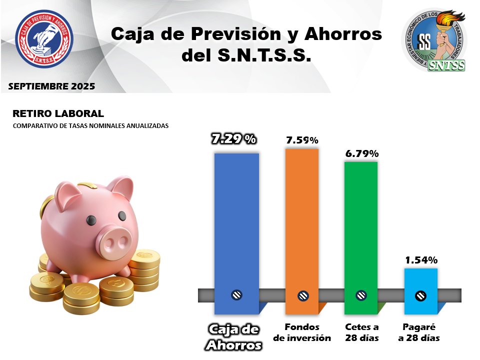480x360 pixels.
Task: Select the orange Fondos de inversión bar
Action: coord(301,220)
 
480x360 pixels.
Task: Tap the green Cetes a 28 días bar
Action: coord(360,225)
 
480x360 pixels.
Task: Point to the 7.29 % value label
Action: coord(234,139)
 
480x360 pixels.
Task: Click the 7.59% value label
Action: coord(302,140)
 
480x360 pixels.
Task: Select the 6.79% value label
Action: coord(361,153)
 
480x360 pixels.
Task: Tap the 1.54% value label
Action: coord(421,260)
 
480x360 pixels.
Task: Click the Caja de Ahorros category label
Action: coord(234,337)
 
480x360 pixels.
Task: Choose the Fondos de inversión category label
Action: coord(302,332)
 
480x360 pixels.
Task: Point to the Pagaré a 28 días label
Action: coord(419,332)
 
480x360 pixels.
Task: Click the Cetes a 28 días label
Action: coord(362,332)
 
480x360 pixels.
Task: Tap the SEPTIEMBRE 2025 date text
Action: coord(51,86)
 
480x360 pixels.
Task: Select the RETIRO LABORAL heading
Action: coord(58,114)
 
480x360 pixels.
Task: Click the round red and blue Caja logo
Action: coord(44,39)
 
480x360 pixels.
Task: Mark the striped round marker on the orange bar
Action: coord(303,295)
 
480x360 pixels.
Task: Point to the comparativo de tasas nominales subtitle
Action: coord(90,126)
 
